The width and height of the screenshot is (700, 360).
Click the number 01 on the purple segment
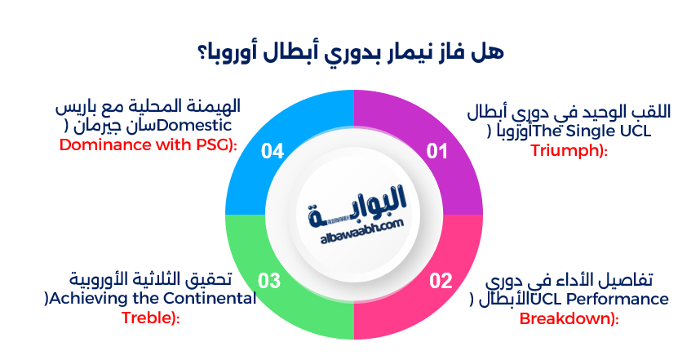tap(438, 151)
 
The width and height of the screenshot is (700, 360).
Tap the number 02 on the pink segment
tap(441, 282)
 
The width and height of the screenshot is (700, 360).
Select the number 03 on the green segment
tap(270, 282)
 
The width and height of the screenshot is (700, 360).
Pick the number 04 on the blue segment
tap(272, 151)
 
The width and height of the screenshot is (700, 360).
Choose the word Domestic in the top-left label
tap(201, 126)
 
